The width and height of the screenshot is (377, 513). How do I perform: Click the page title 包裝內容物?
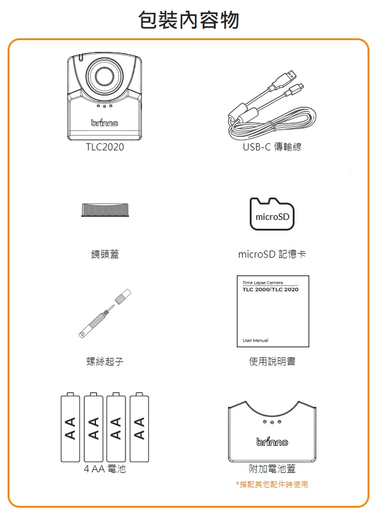coord(188,19)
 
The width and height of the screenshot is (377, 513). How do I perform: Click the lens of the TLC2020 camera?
coord(105,77)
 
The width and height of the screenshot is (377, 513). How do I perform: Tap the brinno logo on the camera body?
coord(104,123)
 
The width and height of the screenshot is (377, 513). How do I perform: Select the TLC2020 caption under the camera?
coord(105,147)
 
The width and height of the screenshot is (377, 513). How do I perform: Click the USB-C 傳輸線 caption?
coord(272,147)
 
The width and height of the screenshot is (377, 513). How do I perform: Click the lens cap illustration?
coord(105,210)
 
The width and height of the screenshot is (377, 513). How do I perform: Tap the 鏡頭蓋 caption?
coord(105,254)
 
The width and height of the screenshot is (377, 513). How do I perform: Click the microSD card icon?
coord(272,214)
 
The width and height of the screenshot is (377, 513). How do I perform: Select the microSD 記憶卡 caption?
coord(272,254)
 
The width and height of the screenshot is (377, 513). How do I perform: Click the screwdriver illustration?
coord(105,314)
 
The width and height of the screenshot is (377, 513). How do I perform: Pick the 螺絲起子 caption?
coord(105,361)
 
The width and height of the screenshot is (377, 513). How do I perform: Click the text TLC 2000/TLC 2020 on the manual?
coord(270,290)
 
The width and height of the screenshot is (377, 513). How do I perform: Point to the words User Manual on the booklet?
coord(256,340)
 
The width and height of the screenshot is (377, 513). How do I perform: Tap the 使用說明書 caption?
coord(272,361)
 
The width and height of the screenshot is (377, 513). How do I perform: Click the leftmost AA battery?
coord(70,427)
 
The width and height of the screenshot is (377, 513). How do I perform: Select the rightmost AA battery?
coord(139,427)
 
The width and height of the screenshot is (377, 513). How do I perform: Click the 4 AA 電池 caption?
coord(105,469)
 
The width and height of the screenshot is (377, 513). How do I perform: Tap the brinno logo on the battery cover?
coord(272,441)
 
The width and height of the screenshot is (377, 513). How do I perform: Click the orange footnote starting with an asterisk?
coord(272,484)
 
